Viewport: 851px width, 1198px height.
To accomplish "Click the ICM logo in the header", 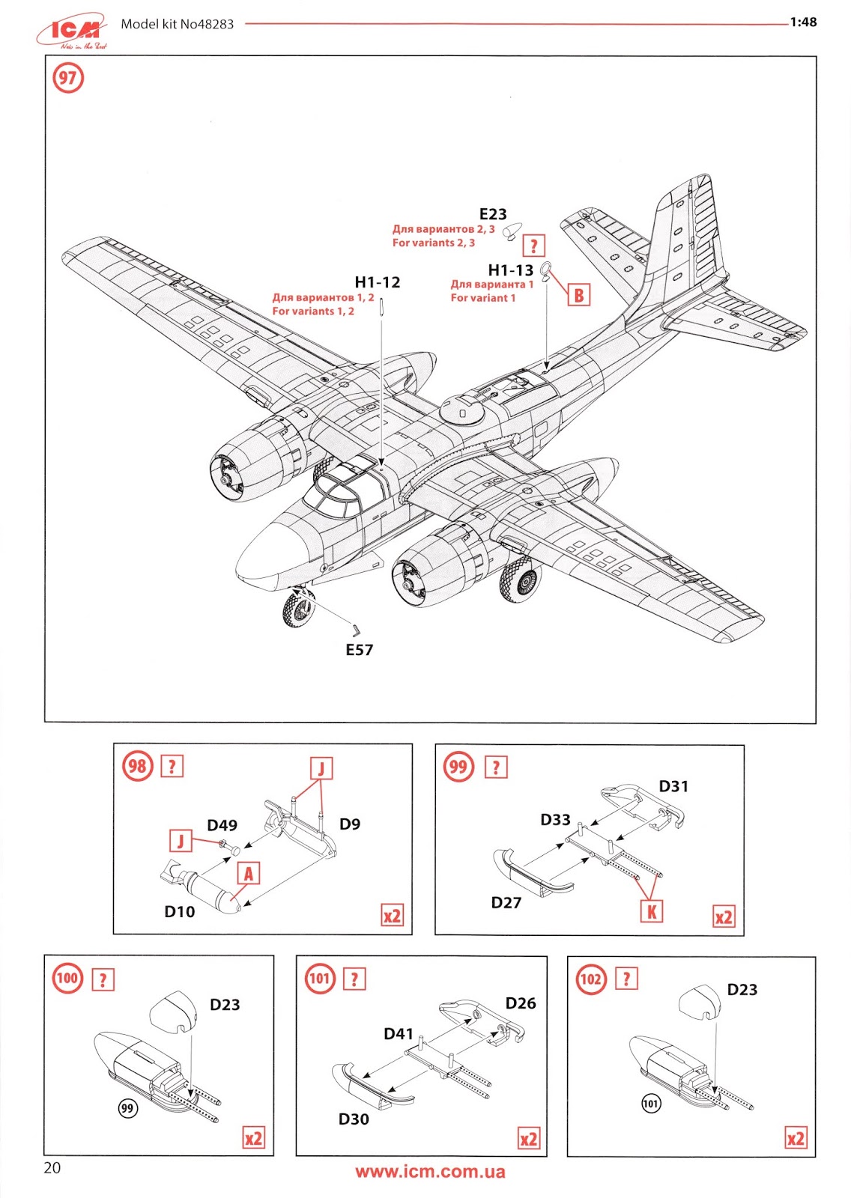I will click(72, 31).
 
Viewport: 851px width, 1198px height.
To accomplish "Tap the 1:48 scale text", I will click(803, 22).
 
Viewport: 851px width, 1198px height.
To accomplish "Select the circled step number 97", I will click(67, 78).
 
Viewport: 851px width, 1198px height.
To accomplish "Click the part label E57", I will click(360, 650).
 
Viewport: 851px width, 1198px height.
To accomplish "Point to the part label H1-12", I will click(378, 282).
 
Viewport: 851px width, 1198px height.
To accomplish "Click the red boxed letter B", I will click(578, 295).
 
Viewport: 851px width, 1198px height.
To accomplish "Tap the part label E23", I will click(493, 215).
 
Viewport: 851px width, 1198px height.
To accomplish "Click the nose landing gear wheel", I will click(299, 608).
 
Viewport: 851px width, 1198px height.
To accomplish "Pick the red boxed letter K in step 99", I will click(651, 911).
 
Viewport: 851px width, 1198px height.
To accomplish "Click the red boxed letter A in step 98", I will click(249, 873).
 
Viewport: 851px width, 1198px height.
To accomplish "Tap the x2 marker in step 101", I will click(529, 1139).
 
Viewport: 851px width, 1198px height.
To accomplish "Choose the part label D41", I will click(399, 1034).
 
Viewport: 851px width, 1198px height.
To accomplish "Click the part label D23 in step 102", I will click(742, 990).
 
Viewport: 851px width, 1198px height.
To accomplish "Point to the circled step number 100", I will click(67, 978).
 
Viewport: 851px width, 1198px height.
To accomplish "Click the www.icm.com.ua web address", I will click(430, 1172).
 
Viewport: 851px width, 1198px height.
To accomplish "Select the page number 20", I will click(52, 1168).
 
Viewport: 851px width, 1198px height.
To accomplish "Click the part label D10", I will click(180, 912).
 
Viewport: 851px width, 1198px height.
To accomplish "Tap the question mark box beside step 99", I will click(496, 767).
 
